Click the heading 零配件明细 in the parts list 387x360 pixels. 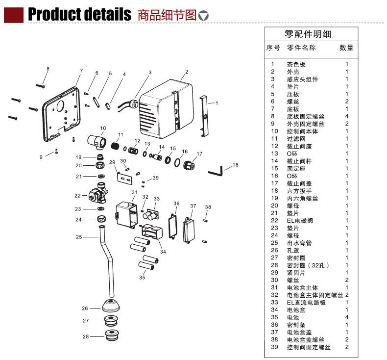pos(308,34)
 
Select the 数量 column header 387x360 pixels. pos(346,48)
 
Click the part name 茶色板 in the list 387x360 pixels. pos(296,64)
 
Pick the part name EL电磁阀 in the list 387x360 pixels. pos(299,221)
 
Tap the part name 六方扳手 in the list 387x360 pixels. pos(299,191)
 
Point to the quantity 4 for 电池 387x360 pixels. pos(347,317)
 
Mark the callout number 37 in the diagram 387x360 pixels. pos(193,206)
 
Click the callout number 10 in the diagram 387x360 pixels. pos(103,129)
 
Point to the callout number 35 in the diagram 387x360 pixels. pos(142,278)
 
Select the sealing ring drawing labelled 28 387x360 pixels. pos(112,336)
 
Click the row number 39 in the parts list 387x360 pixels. pos(274,347)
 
